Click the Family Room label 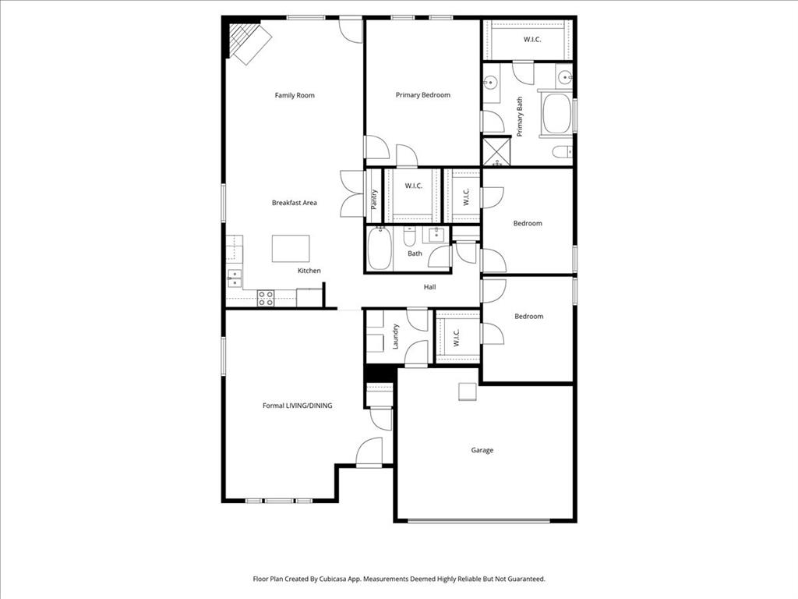295,95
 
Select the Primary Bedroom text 422,95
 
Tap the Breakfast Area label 294,203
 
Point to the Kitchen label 309,271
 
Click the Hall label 429,287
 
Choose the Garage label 482,450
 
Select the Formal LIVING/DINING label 297,406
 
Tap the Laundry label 396,336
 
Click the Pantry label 374,200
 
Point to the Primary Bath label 520,117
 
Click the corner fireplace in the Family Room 247,42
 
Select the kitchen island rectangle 291,249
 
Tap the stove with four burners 266,296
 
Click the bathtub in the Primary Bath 556,115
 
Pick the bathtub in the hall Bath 379,250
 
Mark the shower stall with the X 496,151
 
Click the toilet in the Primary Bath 563,151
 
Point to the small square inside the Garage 467,392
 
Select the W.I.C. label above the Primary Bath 532,39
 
